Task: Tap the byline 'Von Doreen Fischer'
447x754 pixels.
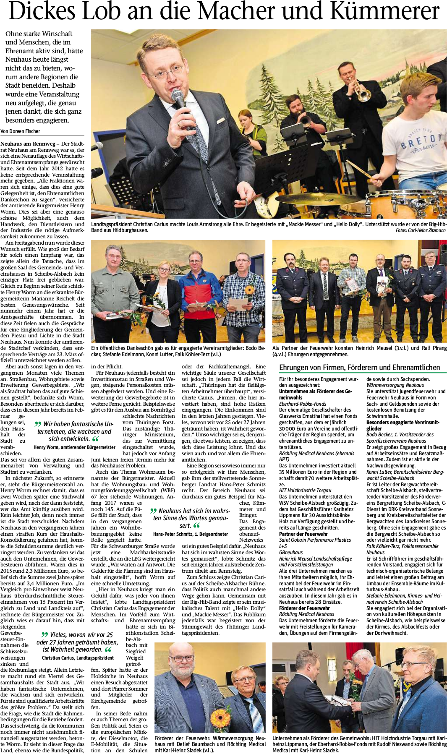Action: [x=20, y=131]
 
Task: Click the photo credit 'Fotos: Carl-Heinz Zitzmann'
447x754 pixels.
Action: [x=421, y=230]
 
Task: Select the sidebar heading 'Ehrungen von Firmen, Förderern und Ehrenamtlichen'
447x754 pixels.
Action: [x=360, y=368]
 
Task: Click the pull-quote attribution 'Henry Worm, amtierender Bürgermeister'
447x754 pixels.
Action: [x=74, y=447]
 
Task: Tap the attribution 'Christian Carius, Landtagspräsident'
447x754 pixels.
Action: [x=78, y=657]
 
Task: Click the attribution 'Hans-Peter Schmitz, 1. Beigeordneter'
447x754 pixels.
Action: [x=190, y=534]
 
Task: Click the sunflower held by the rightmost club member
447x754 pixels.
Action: [x=250, y=290]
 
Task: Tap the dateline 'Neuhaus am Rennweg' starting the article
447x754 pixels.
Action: [x=28, y=144]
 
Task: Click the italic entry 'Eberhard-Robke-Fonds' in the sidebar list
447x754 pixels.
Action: [x=302, y=404]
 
